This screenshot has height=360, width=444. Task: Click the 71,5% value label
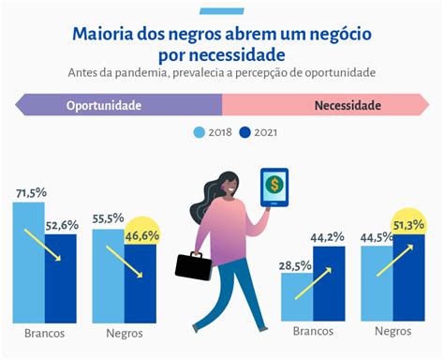click(32, 193)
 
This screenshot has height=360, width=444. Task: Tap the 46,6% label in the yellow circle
click(142, 236)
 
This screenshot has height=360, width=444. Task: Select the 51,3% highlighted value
click(408, 225)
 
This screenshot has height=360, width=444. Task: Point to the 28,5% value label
click(295, 265)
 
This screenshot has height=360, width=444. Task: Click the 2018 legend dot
click(200, 132)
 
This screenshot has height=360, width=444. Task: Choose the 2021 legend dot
click(244, 132)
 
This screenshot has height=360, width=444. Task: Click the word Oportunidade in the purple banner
click(104, 105)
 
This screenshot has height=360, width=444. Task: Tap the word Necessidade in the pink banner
click(348, 105)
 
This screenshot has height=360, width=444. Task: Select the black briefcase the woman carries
click(194, 266)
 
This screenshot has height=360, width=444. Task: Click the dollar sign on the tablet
click(274, 185)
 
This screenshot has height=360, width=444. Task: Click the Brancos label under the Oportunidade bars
click(45, 334)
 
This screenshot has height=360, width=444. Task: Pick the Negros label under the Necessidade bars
click(393, 331)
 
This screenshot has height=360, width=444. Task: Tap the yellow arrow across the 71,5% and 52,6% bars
click(42, 245)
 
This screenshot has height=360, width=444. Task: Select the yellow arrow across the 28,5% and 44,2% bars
click(313, 283)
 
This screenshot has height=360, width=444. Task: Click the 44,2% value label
click(327, 237)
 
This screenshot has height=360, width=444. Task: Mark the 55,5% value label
click(108, 218)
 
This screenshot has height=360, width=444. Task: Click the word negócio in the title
click(340, 34)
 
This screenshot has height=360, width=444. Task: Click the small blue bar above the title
click(222, 11)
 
